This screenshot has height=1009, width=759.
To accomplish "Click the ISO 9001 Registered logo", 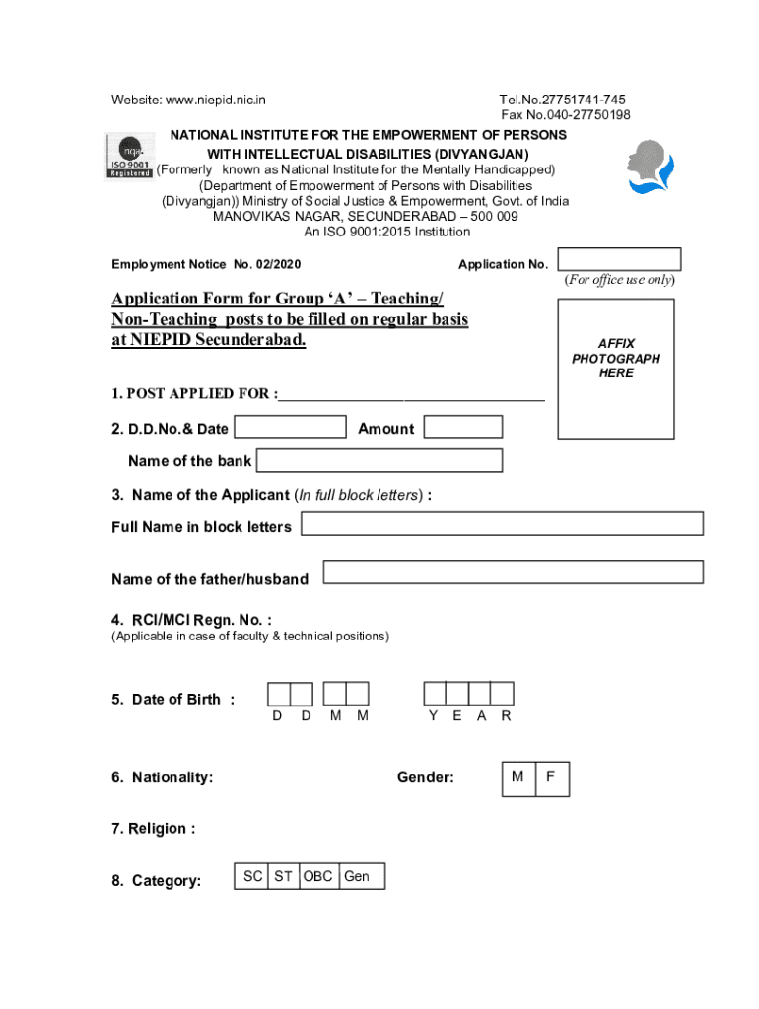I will coord(130,159).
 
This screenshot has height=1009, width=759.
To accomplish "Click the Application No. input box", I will coord(619,260).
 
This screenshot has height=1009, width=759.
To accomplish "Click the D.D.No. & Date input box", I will coord(291,428).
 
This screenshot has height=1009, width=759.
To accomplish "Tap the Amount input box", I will coord(463,428).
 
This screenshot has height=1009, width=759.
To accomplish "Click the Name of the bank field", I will coord(379,460).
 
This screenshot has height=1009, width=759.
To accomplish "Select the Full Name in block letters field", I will coord(502,524).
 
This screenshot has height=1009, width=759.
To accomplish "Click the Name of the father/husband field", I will coord(513,572).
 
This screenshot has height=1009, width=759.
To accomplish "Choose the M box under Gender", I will coord(517,778).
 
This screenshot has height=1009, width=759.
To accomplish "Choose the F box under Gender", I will coord(552,778).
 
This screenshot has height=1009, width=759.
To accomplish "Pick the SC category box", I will coord(252,876).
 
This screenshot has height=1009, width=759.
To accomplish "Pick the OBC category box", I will coord(317,876).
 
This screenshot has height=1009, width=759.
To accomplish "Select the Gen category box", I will coord(361,876).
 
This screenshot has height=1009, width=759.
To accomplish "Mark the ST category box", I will coord(283,876).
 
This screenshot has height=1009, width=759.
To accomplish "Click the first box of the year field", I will coord(435,694).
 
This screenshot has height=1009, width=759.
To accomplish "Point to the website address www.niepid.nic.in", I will coord(215,100).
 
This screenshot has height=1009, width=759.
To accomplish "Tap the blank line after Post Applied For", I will coord(411,395).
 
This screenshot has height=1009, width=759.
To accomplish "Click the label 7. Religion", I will coord(153,829).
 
